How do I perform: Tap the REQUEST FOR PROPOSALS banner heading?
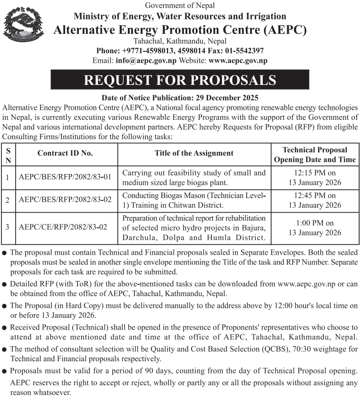coord(180,80)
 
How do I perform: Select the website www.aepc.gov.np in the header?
coord(238,60)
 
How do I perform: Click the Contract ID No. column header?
coord(65,153)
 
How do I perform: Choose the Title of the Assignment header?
coord(194,153)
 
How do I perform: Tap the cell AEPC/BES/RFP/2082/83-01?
coord(65,178)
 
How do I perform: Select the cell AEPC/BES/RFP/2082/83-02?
coord(65,200)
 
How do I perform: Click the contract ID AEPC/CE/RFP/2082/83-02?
coord(63,227)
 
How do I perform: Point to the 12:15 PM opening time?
coord(315,173)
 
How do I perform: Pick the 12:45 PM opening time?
coord(315,195)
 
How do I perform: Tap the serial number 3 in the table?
coord(8,227)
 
